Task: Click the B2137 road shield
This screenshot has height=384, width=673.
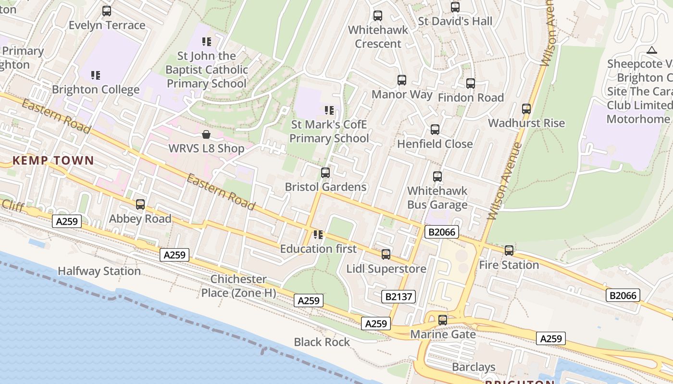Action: click(399, 297)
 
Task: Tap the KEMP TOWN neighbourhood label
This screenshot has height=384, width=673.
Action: click(53, 160)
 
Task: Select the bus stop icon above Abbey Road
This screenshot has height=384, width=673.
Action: click(140, 204)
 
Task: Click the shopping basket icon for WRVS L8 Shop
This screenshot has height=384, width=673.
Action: click(206, 134)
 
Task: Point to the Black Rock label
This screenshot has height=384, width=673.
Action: click(322, 342)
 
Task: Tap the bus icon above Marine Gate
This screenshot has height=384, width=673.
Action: click(443, 320)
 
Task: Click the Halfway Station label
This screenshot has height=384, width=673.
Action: click(99, 271)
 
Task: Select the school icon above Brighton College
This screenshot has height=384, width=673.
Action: click(96, 75)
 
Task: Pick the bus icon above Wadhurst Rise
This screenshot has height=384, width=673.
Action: click(526, 109)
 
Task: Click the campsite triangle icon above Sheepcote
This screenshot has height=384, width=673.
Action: click(651, 50)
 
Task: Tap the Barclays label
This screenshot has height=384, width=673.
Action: click(474, 367)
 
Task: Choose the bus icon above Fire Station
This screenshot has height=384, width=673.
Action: click(509, 251)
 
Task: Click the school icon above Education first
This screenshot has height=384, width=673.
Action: click(318, 235)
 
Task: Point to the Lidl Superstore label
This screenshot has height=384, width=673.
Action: click(386, 268)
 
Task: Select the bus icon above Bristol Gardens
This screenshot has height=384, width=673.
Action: click(325, 173)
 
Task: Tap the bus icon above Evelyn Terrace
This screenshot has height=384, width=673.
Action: click(107, 11)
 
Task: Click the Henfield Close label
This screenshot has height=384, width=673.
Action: click(435, 144)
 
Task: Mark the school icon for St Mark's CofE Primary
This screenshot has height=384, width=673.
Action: click(329, 110)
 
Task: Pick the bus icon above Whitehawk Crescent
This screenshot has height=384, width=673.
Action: click(378, 16)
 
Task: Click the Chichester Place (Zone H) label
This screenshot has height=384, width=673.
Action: click(238, 286)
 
